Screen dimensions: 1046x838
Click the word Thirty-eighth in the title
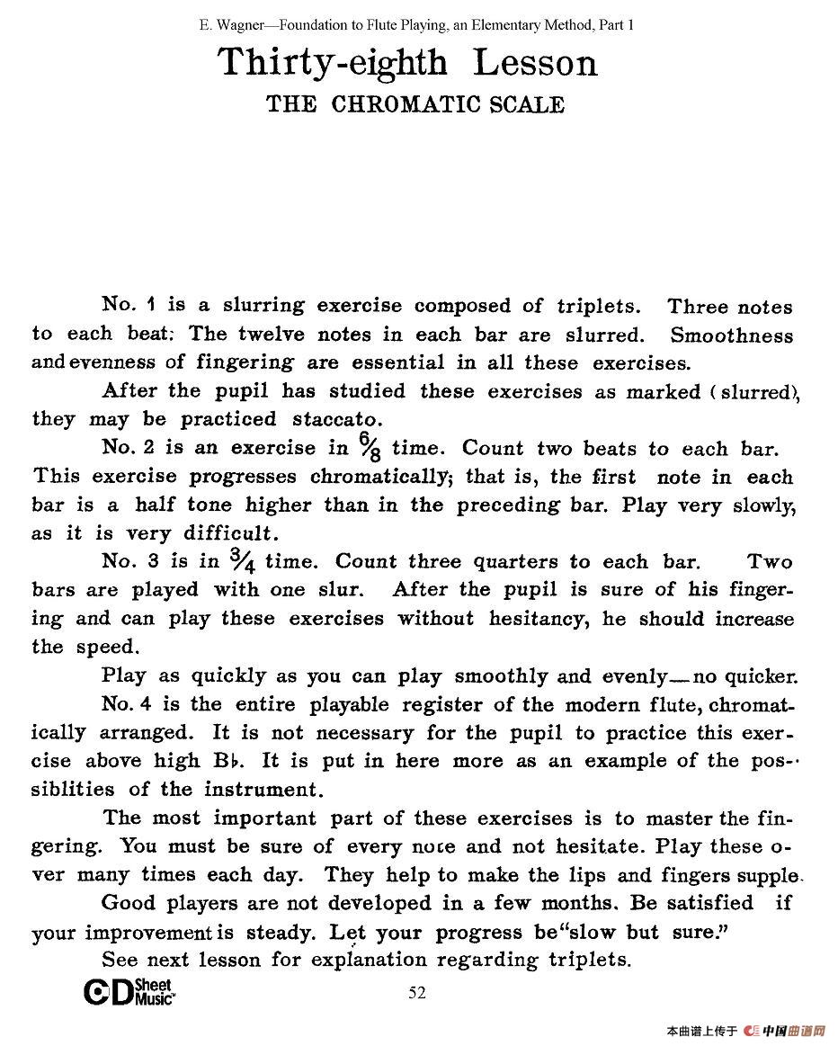332,63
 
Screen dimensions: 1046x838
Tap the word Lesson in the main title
535,63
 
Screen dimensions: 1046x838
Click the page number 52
417,993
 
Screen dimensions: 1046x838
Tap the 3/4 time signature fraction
243,559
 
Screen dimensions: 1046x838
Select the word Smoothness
732,335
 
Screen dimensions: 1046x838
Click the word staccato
337,419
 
